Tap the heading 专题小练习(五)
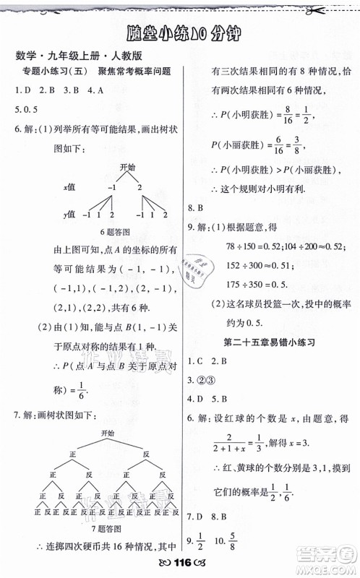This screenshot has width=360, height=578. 54,74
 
